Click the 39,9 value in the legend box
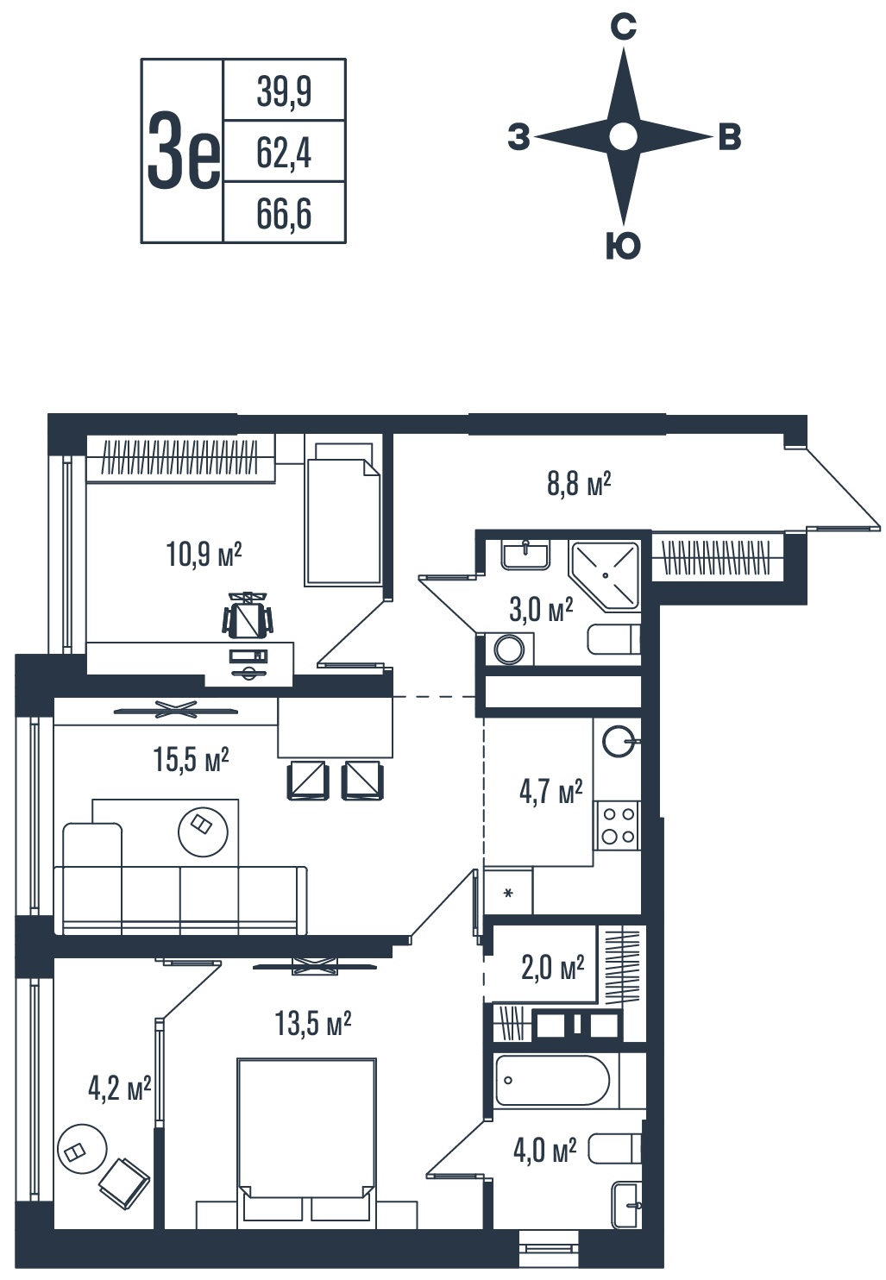click(x=284, y=91)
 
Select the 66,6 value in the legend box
click(x=284, y=214)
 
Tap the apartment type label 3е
click(x=183, y=151)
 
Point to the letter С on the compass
click(x=623, y=26)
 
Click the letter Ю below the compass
click(x=623, y=247)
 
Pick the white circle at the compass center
click(x=623, y=136)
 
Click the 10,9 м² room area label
click(x=204, y=554)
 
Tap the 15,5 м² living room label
click(x=191, y=759)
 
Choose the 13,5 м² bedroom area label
click(x=312, y=1024)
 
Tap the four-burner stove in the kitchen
click(x=618, y=825)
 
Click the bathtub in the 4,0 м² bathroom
click(x=551, y=1081)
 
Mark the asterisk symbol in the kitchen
click(x=507, y=893)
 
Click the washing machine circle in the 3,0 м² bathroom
click(x=509, y=649)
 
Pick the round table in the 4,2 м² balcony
click(x=82, y=1149)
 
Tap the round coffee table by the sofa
click(x=203, y=831)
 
